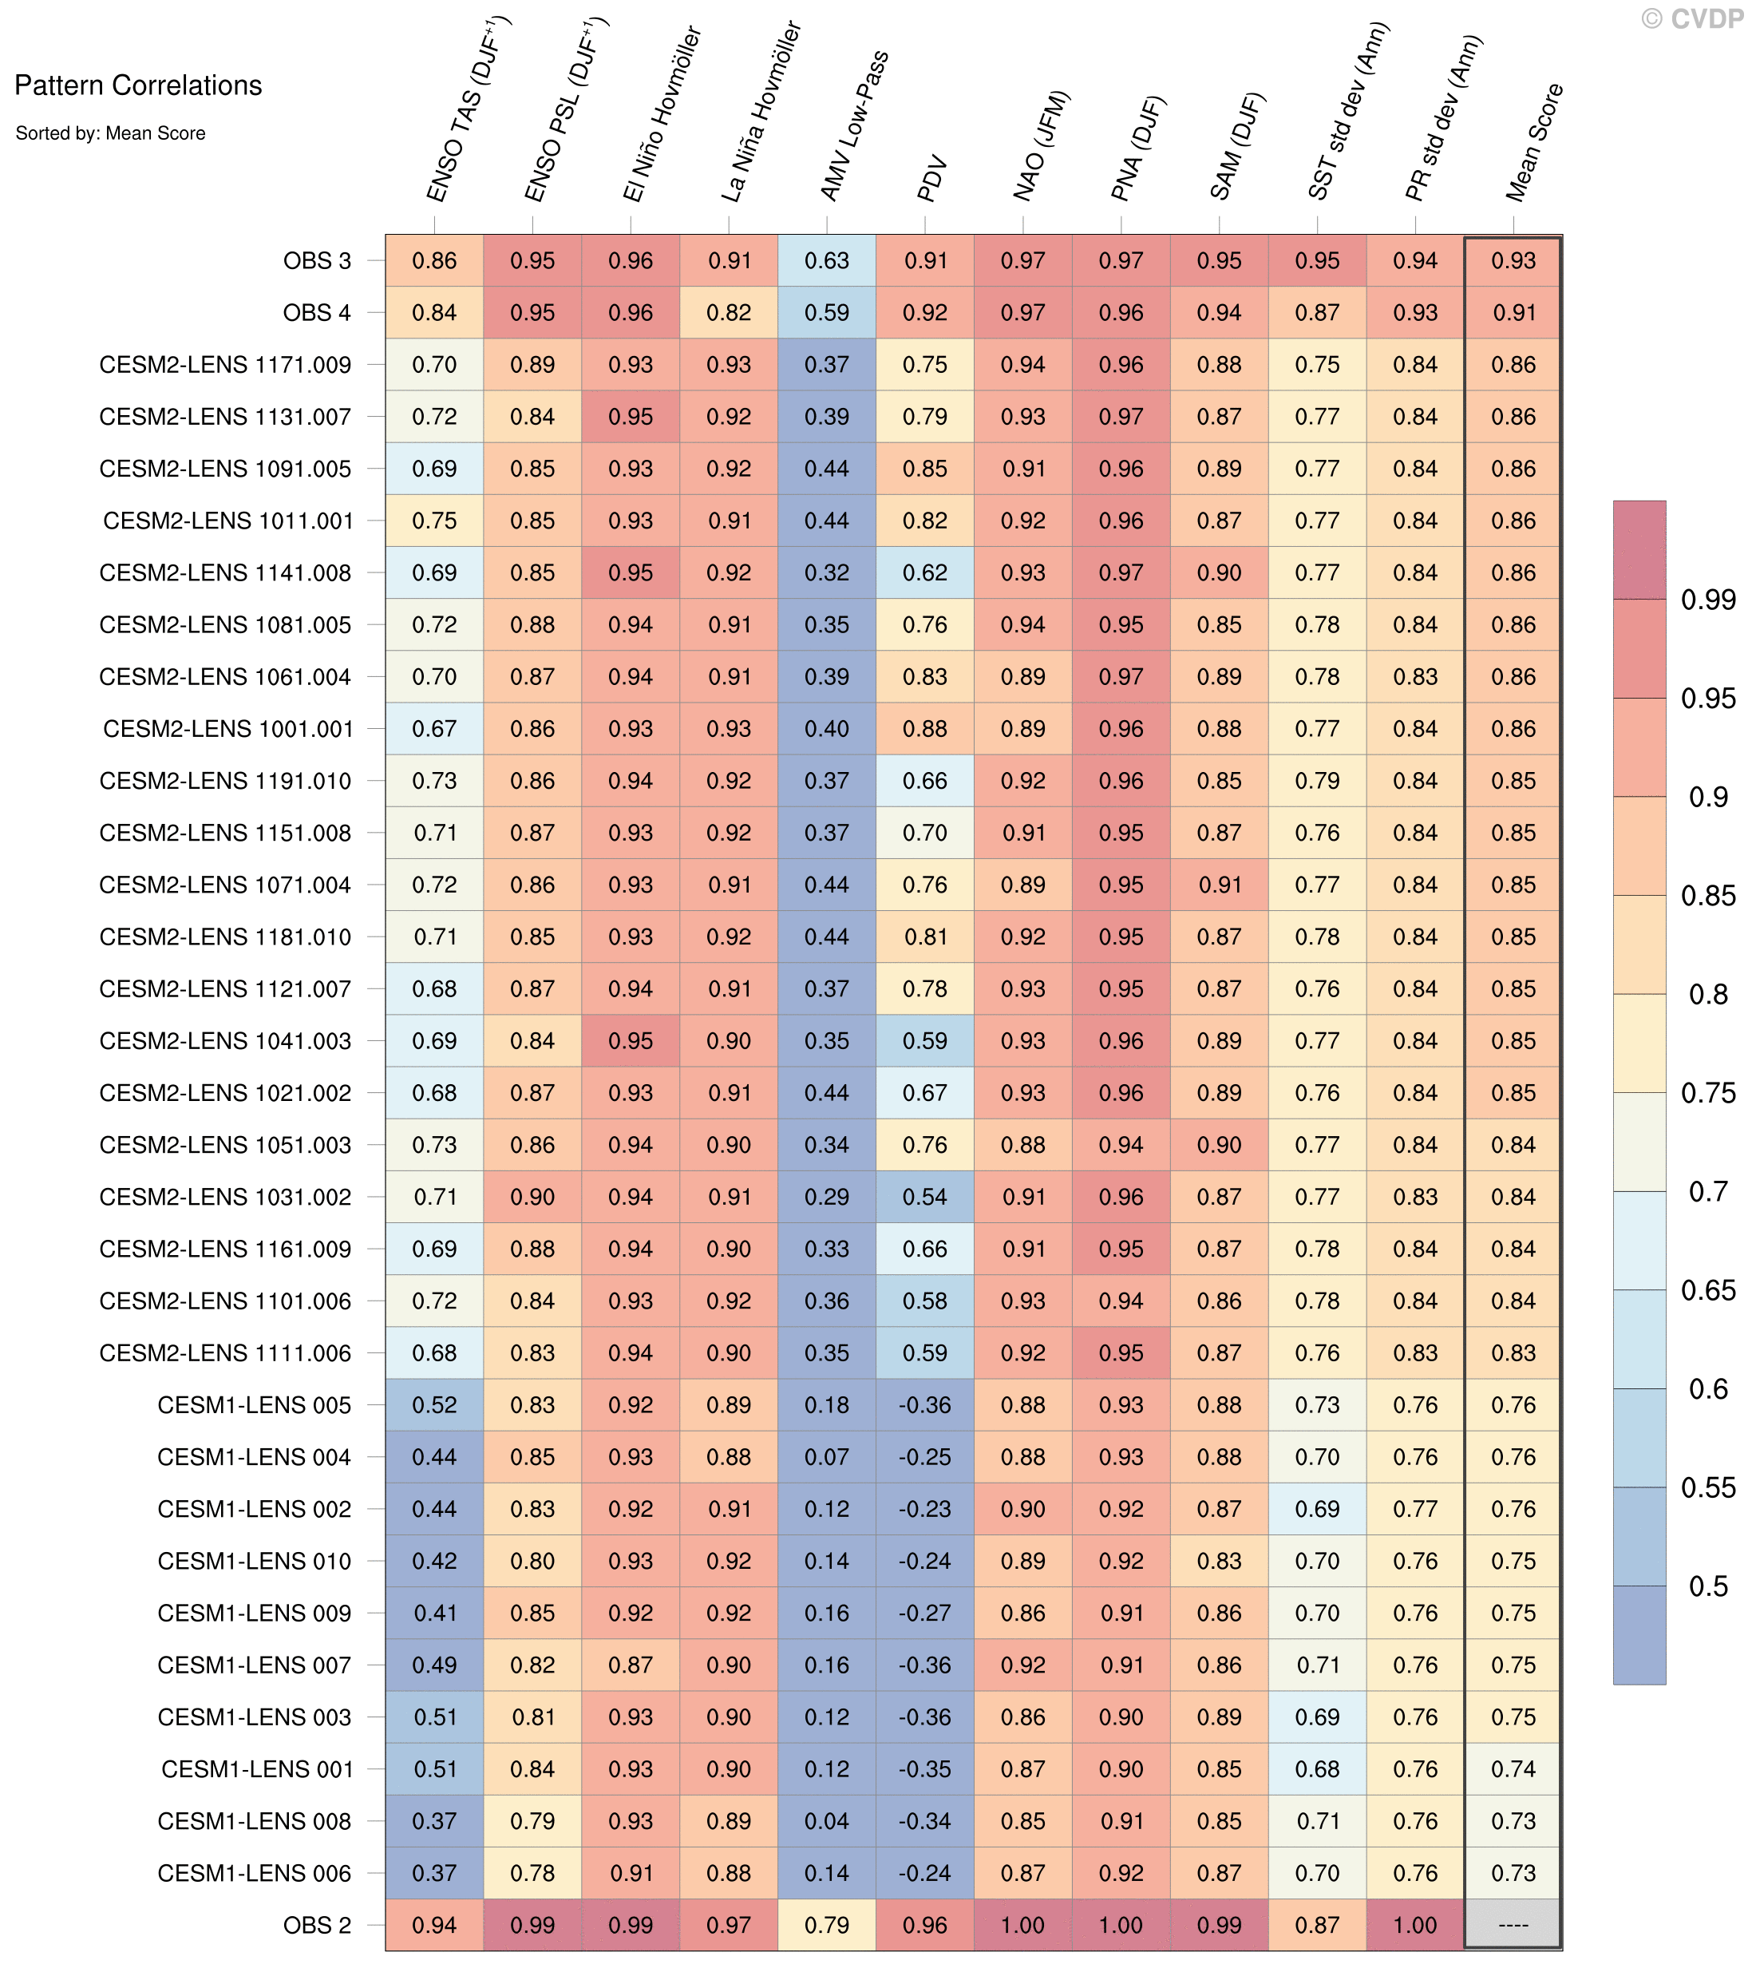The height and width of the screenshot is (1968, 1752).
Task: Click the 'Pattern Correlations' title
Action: click(x=137, y=85)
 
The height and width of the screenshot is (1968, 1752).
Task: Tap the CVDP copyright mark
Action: click(x=1693, y=19)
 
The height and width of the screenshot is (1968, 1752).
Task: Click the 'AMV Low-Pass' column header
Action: click(x=854, y=126)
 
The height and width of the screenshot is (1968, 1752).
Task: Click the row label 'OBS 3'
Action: click(x=317, y=261)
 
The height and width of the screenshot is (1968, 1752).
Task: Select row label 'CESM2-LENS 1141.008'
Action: click(x=225, y=573)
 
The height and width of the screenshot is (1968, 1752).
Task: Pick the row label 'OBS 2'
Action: click(x=317, y=1925)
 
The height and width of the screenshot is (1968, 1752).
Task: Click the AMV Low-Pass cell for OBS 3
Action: click(x=827, y=261)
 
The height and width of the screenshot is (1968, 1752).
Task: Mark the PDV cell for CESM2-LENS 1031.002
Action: click(x=925, y=1197)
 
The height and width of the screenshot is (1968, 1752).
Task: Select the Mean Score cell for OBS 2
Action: click(x=1513, y=1925)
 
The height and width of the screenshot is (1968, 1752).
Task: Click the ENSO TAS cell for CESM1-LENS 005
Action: click(x=434, y=1405)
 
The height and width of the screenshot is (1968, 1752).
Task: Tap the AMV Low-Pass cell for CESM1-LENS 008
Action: click(x=827, y=1820)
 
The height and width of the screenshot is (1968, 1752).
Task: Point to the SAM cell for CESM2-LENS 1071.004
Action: click(x=1220, y=885)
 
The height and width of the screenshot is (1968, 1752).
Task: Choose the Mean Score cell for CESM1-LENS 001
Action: click(x=1513, y=1768)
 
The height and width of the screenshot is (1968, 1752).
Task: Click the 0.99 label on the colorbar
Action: click(x=1708, y=600)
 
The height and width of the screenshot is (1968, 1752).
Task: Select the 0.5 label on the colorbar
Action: click(x=1708, y=1586)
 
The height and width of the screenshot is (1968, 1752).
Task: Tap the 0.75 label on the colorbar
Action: click(x=1708, y=1093)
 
